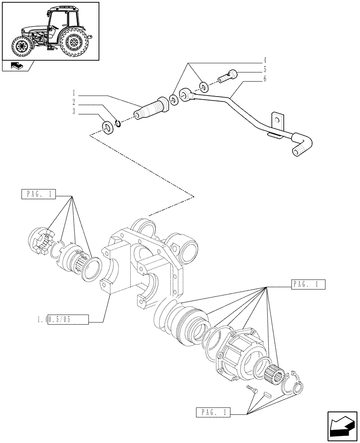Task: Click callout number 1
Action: (x=74, y=94)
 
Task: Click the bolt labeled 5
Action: (x=228, y=77)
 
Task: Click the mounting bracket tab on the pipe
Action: (x=277, y=120)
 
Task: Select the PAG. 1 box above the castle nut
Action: (x=39, y=194)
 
